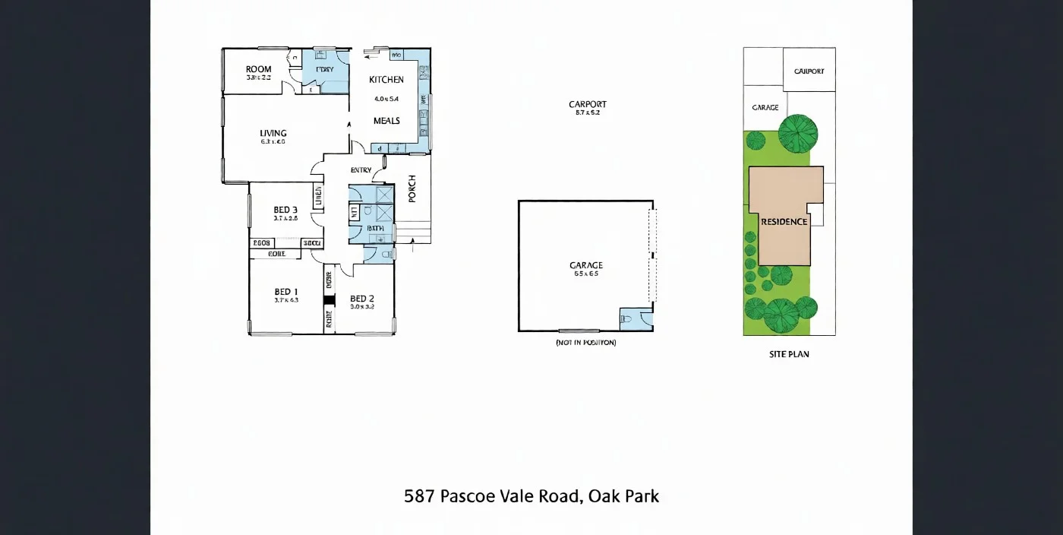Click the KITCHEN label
[386, 80]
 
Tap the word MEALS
[386, 121]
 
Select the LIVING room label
[273, 134]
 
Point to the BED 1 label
[286, 292]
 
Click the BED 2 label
[362, 299]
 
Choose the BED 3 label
[285, 211]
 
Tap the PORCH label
[412, 188]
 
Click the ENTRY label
[361, 170]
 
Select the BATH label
[375, 228]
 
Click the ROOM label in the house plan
[258, 69]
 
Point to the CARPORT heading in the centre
[588, 105]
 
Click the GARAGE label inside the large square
[586, 266]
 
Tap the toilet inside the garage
[626, 319]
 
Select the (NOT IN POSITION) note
[585, 343]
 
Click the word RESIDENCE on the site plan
[784, 222]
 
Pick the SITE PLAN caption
[789, 354]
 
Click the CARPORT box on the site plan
[809, 71]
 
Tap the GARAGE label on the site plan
[765, 108]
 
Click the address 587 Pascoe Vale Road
[531, 497]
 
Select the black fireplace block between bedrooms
[329, 300]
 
